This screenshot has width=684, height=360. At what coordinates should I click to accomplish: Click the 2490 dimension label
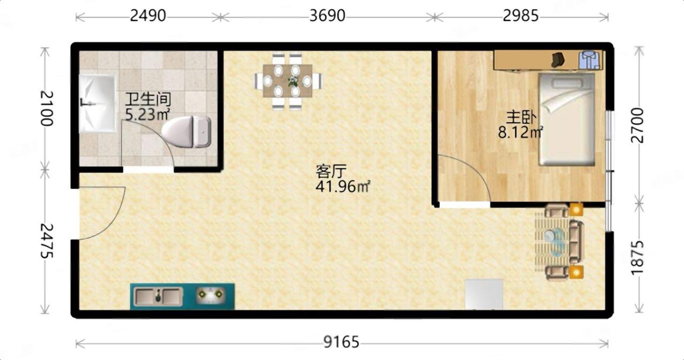pyautogui.click(x=148, y=16)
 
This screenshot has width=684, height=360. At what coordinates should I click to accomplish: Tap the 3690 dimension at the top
pyautogui.click(x=327, y=16)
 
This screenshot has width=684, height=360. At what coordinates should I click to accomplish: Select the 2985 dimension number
pyautogui.click(x=521, y=16)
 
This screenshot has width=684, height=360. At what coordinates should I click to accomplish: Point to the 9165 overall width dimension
pyautogui.click(x=342, y=342)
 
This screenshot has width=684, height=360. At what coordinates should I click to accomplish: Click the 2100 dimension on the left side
pyautogui.click(x=47, y=108)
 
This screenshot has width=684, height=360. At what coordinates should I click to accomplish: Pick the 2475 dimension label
pyautogui.click(x=47, y=241)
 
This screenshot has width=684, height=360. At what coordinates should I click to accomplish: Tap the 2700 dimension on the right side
pyautogui.click(x=637, y=125)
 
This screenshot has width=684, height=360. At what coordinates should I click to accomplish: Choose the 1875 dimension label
pyautogui.click(x=637, y=258)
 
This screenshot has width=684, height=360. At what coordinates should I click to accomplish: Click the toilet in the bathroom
pyautogui.click(x=186, y=132)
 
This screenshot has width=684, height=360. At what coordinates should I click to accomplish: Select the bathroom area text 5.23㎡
pyautogui.click(x=148, y=115)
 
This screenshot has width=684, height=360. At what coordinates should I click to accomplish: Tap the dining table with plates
pyautogui.click(x=287, y=81)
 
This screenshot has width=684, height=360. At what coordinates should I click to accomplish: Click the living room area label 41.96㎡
pyautogui.click(x=343, y=186)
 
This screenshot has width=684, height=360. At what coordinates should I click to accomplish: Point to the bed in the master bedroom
pyautogui.click(x=567, y=119)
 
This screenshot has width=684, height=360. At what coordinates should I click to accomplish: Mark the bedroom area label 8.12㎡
pyautogui.click(x=520, y=132)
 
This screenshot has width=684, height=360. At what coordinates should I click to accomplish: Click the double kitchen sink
pyautogui.click(x=158, y=296)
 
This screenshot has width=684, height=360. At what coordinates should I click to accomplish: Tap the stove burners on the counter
pyautogui.click(x=211, y=295)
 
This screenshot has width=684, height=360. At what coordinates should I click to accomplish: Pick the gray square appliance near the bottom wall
pyautogui.click(x=484, y=294)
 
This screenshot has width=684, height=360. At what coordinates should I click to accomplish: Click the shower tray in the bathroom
pyautogui.click(x=97, y=104)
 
